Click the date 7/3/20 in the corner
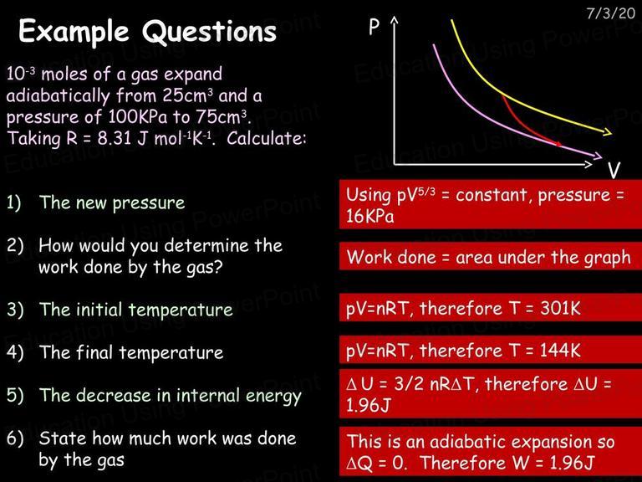(x=610, y=13)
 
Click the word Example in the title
(x=74, y=32)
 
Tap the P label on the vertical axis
(x=374, y=27)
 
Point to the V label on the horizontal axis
(x=614, y=170)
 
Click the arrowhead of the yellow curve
(x=607, y=132)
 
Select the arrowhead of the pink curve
(x=598, y=156)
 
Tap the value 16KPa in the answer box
(x=369, y=216)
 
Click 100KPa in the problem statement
(x=138, y=117)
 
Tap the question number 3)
(x=15, y=310)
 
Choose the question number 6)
(x=15, y=438)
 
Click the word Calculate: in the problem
(x=266, y=139)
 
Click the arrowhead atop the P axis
(x=394, y=20)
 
